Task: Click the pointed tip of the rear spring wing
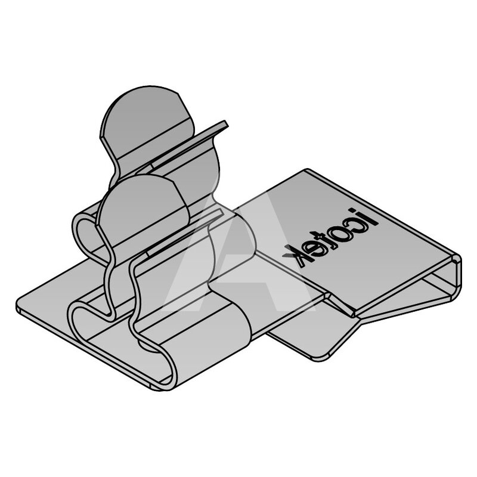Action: coord(226,123)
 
